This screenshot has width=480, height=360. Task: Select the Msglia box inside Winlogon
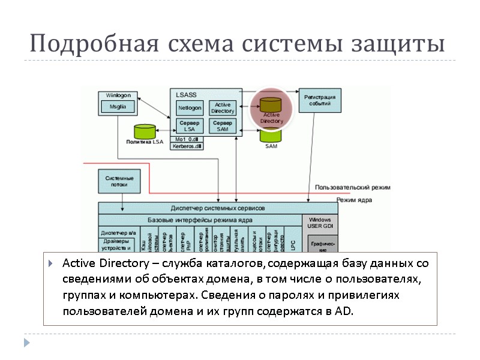(118, 107)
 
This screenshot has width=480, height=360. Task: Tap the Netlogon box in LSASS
(190, 108)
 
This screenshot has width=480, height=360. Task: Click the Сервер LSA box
(190, 126)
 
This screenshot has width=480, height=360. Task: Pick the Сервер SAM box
(223, 126)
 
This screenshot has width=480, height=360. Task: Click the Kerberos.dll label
(187, 146)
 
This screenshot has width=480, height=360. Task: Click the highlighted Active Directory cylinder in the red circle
(271, 107)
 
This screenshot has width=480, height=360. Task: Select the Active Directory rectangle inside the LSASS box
(223, 108)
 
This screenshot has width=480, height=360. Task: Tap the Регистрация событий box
(319, 100)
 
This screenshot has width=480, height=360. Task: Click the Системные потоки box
(119, 181)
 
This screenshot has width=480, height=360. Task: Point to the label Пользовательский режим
(352, 187)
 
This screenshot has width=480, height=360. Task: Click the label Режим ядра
(354, 200)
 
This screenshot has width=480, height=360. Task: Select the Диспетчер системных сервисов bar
(217, 208)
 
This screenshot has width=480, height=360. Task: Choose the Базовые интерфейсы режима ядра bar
(199, 220)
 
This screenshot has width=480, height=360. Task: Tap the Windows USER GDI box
(320, 223)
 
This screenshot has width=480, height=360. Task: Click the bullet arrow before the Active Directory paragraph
(53, 265)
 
